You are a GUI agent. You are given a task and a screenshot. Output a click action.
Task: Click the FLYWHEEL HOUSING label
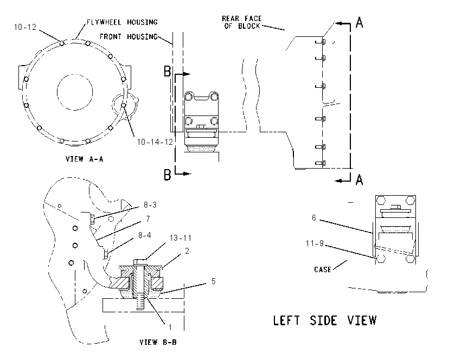pyautogui.click(x=122, y=22)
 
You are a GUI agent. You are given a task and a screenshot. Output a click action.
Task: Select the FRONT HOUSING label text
pyautogui.click(x=129, y=37)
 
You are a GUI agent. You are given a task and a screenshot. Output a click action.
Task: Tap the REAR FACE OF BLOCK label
pyautogui.click(x=242, y=22)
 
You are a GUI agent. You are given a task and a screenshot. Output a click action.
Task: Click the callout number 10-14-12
pyautogui.click(x=155, y=142)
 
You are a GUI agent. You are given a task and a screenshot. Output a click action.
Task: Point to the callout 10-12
pyautogui.click(x=25, y=27)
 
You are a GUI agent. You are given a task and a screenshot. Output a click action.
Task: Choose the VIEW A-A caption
pyautogui.click(x=85, y=159)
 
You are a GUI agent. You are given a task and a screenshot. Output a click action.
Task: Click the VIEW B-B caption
pyautogui.click(x=158, y=342)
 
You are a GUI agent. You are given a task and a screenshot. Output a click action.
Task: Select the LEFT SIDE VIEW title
pyautogui.click(x=325, y=320)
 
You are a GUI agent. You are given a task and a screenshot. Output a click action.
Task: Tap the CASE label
pyautogui.click(x=323, y=269)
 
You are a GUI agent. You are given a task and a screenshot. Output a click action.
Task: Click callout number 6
pyautogui.click(x=313, y=218)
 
